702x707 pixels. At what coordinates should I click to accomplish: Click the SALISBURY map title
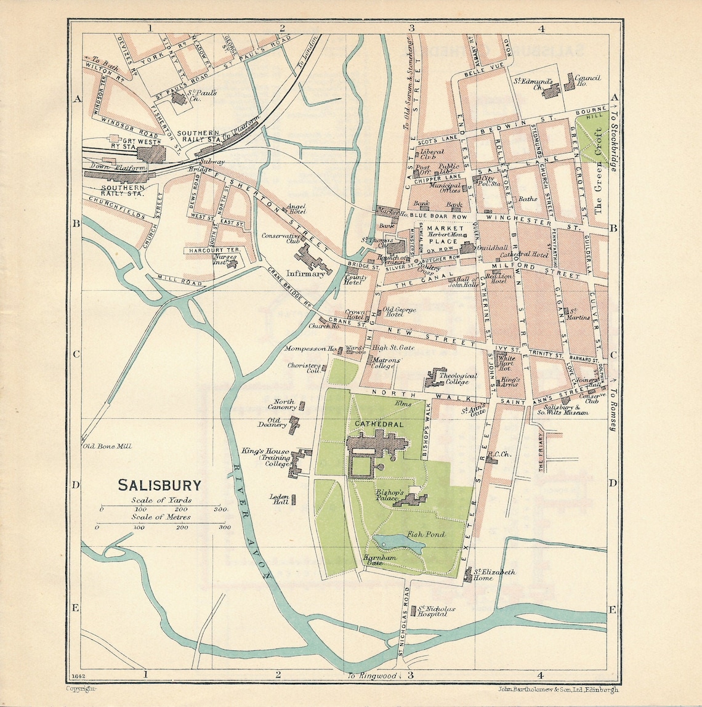point(159,485)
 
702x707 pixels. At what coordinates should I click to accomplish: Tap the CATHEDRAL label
point(378,424)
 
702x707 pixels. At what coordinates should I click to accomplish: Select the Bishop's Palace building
point(410,500)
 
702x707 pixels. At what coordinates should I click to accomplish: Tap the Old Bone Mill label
point(107,446)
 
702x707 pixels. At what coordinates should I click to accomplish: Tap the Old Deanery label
point(272,422)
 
